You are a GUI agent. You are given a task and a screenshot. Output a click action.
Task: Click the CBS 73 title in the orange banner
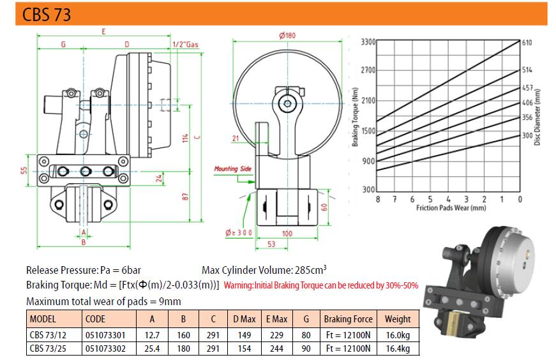point(47,15)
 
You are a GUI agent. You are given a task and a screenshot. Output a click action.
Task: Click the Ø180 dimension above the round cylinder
point(287,36)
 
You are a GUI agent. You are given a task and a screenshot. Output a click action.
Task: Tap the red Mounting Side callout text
point(232,169)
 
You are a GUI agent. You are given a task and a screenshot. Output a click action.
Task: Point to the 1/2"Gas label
point(186,45)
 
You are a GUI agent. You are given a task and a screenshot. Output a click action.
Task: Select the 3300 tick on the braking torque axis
point(368,42)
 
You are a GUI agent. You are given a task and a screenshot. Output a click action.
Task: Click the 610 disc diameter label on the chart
point(527,43)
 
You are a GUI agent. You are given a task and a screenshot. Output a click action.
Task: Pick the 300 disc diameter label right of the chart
point(527,135)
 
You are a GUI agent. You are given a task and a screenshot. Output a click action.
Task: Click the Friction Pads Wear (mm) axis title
point(451,208)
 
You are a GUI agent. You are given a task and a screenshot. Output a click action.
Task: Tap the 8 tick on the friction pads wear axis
point(378,199)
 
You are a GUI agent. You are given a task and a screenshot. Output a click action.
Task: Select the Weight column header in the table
point(398,319)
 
